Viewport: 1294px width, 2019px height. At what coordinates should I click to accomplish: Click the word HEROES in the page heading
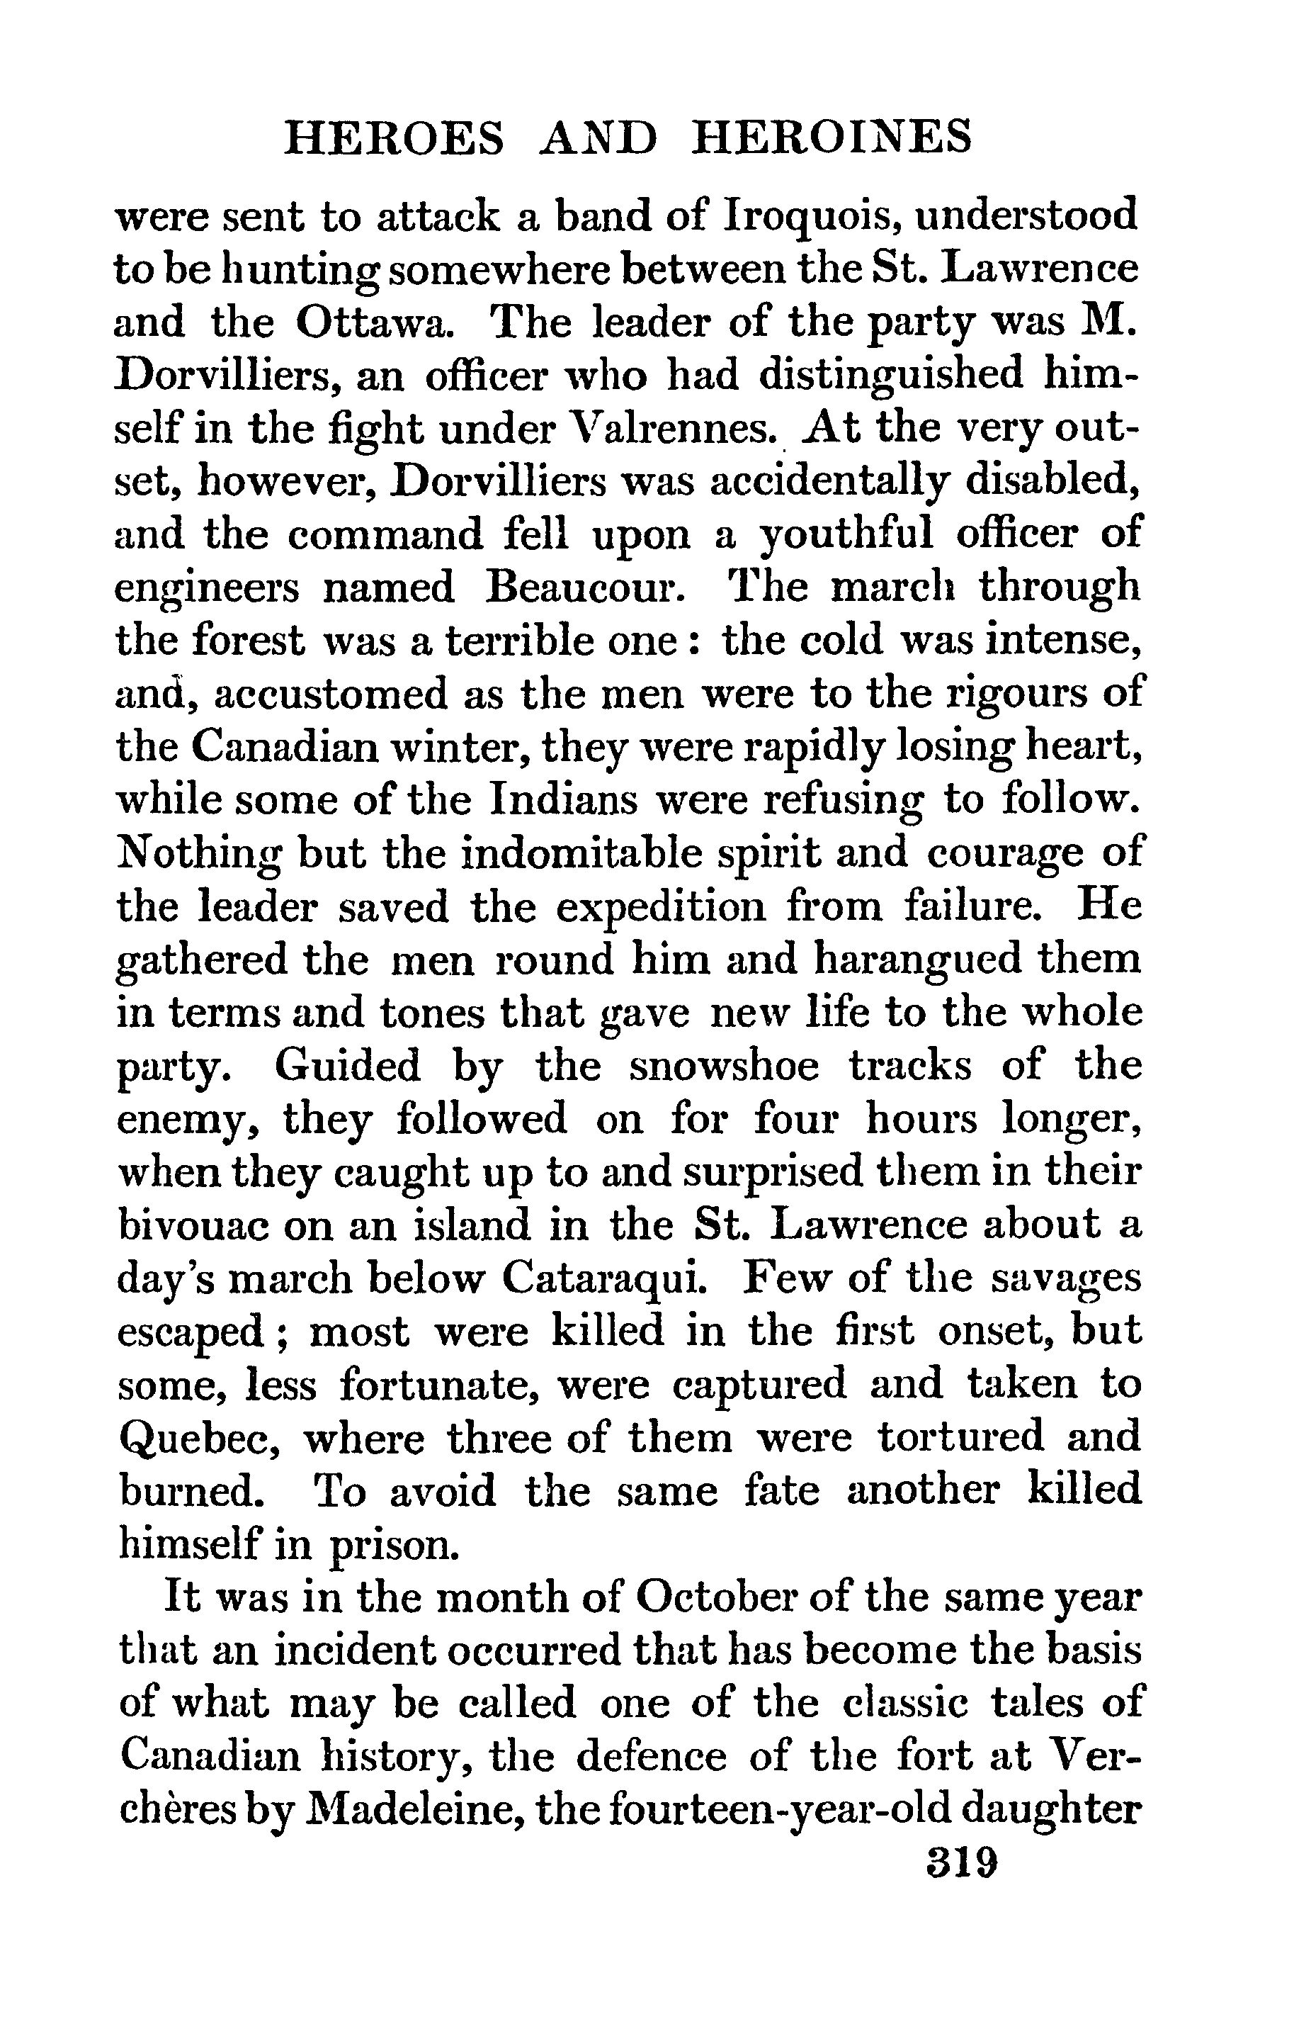point(395,138)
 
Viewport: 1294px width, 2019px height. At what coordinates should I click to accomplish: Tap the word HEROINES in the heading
point(831,138)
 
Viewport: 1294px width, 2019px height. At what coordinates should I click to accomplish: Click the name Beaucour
point(581,587)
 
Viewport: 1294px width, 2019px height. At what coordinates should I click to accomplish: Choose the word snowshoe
point(723,1066)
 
